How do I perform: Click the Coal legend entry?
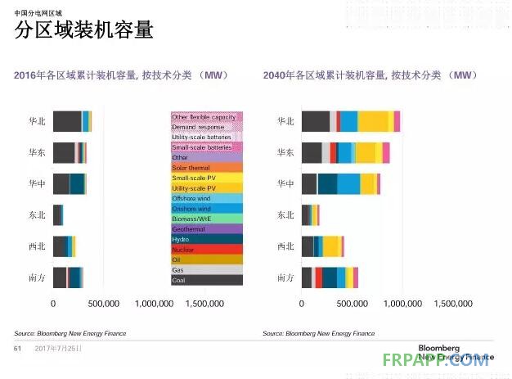[206, 280]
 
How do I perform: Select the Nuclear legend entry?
[206, 249]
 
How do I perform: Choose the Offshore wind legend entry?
[206, 198]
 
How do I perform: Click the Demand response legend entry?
[206, 127]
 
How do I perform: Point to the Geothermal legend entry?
[206, 229]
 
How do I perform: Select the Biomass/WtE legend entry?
[206, 219]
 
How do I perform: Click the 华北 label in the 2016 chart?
[36, 121]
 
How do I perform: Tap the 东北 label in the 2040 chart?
[285, 215]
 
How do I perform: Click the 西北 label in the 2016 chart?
[36, 246]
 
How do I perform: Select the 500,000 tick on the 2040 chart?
[352, 304]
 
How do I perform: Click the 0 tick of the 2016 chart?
[53, 304]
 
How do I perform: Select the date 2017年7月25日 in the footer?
[59, 348]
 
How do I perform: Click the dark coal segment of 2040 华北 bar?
[315, 121]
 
